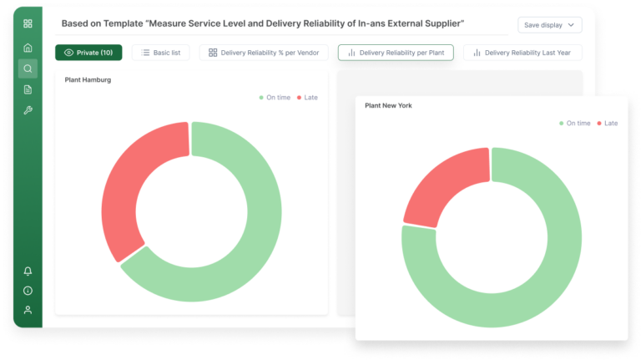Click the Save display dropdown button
coord(549,25)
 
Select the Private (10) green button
coord(88,53)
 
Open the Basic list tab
coord(161,53)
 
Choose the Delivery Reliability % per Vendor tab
coord(264,53)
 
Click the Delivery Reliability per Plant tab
coord(396,53)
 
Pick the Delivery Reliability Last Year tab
coord(522,53)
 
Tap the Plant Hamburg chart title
coord(88,80)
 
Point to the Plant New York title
coord(388,106)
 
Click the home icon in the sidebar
coord(28,48)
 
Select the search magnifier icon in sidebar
coord(28,68)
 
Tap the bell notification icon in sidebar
coord(28,271)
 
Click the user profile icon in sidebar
coord(28,310)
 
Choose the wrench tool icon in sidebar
coord(28,110)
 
